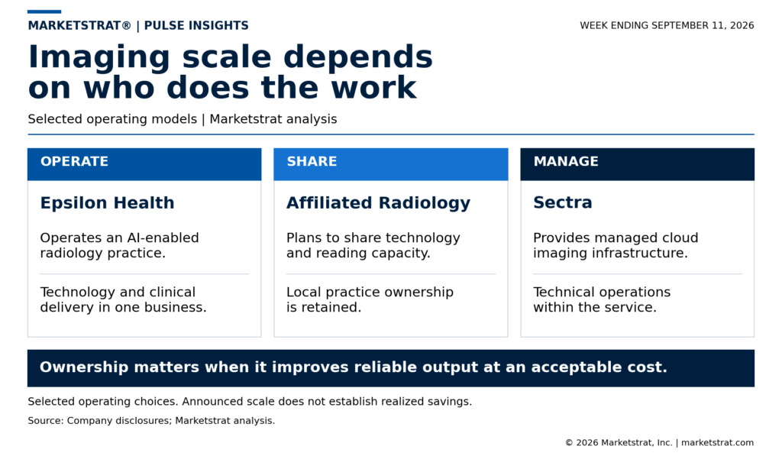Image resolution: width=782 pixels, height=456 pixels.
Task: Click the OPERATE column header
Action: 74,161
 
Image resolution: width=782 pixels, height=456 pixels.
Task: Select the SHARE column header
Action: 312,161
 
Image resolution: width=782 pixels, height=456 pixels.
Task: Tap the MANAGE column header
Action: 566,161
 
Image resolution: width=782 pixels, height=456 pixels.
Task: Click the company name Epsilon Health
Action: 107,203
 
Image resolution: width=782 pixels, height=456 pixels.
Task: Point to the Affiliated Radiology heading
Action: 378,203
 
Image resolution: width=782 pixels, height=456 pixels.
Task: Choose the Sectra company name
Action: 563,202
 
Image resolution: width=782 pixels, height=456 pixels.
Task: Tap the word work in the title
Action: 373,88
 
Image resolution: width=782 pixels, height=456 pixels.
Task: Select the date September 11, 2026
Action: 703,25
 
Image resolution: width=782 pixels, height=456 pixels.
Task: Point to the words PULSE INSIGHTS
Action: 196,25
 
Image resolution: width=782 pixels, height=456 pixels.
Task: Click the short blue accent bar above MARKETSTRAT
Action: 44,11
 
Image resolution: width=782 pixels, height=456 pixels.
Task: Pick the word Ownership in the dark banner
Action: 84,367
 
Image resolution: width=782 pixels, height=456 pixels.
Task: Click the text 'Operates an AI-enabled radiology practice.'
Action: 119,245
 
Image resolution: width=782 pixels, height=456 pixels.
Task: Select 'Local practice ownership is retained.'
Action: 370,299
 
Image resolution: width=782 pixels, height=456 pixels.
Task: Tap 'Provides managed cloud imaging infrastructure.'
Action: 616,245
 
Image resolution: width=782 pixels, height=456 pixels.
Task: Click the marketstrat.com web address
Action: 718,442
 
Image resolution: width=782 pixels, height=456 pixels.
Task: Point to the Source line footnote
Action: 151,421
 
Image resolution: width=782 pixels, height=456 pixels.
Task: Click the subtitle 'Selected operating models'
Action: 112,119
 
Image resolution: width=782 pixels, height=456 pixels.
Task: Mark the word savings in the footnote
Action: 449,402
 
